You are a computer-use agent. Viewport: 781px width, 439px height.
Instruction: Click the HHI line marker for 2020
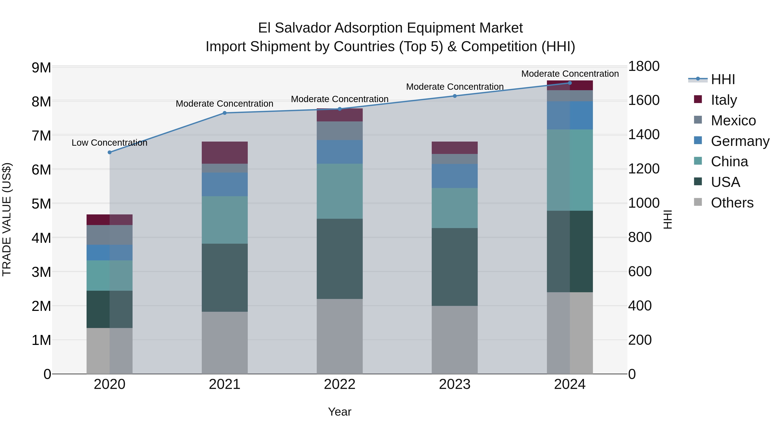(110, 152)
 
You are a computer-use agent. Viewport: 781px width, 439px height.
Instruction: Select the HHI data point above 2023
(455, 96)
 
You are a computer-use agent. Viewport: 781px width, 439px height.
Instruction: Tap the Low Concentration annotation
(110, 143)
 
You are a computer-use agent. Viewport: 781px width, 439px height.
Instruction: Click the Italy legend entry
(724, 100)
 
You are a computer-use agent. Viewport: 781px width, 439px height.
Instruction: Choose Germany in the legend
(740, 141)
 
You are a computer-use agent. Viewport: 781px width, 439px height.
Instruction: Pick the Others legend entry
(732, 203)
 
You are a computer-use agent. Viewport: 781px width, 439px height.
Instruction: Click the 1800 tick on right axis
(644, 66)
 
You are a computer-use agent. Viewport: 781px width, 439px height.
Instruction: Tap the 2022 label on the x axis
(340, 384)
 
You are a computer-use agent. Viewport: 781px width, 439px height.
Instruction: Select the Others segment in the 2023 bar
(455, 340)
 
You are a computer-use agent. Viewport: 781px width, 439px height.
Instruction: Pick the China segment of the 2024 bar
(570, 170)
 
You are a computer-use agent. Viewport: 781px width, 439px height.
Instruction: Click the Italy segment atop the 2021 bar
(225, 153)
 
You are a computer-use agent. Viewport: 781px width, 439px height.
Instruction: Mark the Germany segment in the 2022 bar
(340, 152)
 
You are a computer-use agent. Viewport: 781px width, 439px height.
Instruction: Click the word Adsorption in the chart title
(369, 28)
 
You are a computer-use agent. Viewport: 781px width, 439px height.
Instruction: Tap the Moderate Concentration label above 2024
(570, 74)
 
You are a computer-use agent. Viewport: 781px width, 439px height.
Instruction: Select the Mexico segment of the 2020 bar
(110, 235)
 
